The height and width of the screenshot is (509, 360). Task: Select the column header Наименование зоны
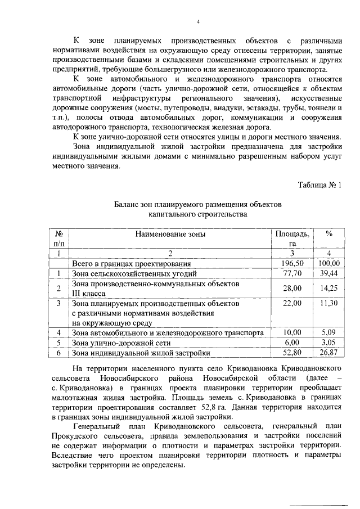170,234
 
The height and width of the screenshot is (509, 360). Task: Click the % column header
329,234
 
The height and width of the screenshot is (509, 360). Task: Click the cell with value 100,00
329,263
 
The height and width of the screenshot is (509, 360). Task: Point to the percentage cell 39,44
329,273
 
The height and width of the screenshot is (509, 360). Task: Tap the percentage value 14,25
329,288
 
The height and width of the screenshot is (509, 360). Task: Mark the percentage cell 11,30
329,303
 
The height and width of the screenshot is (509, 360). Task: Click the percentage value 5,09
329,332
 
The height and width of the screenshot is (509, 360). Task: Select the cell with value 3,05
329,343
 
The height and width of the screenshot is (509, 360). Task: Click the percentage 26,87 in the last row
329,353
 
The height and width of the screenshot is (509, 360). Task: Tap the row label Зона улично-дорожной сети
114,343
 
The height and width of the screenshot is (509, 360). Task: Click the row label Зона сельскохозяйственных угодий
133,273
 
